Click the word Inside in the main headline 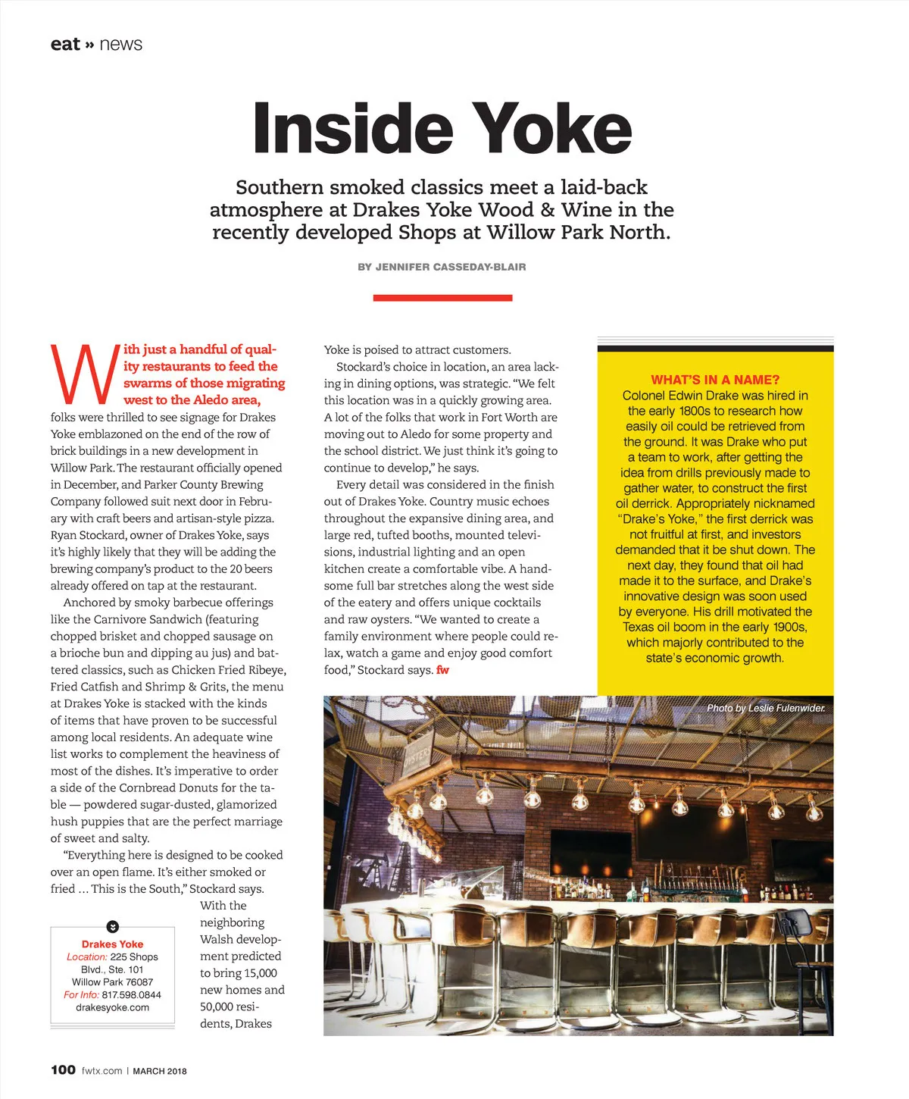tap(353, 128)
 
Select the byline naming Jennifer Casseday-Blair tap(442, 267)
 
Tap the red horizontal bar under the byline tap(442, 298)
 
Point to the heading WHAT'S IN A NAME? tap(715, 380)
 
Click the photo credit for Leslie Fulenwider tap(765, 708)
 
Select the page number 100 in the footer tap(63, 1069)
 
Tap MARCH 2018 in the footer tap(160, 1071)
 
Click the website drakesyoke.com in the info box tap(112, 1007)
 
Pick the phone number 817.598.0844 tap(131, 994)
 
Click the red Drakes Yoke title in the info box tap(112, 944)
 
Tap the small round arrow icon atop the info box tap(112, 926)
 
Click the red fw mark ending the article tap(443, 670)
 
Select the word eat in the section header tap(65, 44)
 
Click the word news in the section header tap(120, 44)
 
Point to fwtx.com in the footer tap(102, 1071)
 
